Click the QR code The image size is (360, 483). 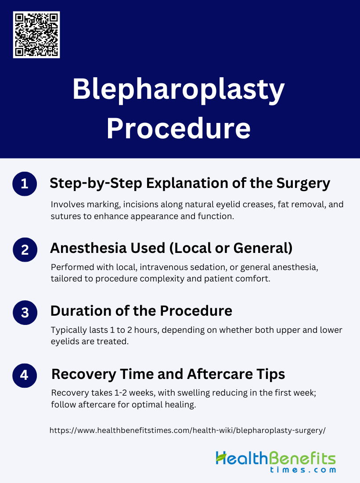(x=36, y=35)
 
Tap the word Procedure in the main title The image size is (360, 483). (x=179, y=128)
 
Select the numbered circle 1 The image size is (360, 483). (x=25, y=184)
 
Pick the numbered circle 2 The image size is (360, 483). (x=25, y=250)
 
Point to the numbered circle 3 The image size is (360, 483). (x=25, y=313)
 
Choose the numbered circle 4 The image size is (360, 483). (x=25, y=375)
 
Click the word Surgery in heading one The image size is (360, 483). (x=303, y=184)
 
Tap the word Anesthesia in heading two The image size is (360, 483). (x=88, y=248)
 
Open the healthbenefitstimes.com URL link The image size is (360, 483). (x=187, y=430)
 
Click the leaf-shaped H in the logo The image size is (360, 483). (x=221, y=458)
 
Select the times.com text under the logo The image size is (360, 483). (x=303, y=470)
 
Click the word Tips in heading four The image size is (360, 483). (x=271, y=375)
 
